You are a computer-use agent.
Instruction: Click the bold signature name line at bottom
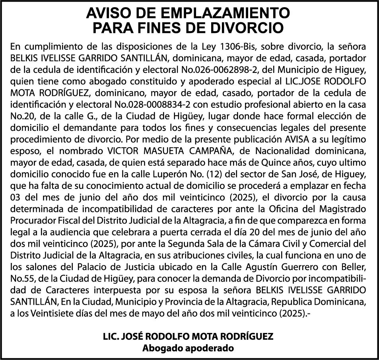pyautogui.click(x=188, y=337)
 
